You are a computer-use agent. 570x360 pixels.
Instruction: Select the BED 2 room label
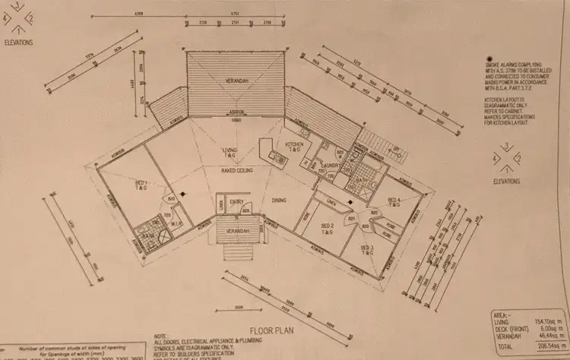[x=326, y=229]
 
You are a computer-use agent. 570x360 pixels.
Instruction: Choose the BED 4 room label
[x=394, y=201]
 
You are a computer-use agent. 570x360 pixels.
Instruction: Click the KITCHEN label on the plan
[x=294, y=147]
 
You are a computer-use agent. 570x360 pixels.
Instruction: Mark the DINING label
[x=280, y=200]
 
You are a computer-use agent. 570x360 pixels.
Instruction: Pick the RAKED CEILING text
[x=237, y=171]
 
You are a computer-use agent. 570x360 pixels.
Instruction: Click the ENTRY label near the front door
[x=236, y=201]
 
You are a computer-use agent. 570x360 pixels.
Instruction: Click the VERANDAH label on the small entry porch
[x=239, y=230]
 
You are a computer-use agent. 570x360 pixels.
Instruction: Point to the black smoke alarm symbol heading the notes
[x=488, y=58]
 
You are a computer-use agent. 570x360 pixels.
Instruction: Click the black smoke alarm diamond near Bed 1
[x=181, y=194]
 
